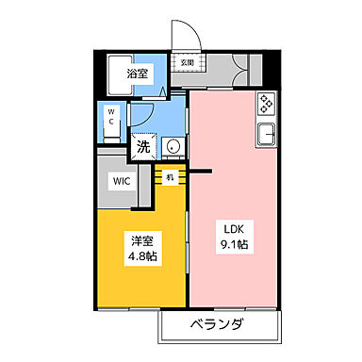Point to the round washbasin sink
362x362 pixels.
(x=173, y=146)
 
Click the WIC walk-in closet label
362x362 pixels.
(x=123, y=182)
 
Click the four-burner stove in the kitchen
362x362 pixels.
(x=266, y=103)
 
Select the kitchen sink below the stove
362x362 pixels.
(x=266, y=134)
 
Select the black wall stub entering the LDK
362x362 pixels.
(x=201, y=172)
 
